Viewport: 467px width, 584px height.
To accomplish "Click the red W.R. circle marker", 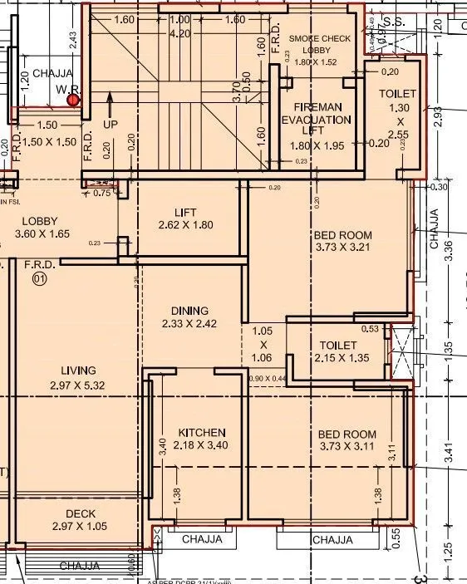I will point(73,101).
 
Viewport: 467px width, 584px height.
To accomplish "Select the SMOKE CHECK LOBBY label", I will point(320,50).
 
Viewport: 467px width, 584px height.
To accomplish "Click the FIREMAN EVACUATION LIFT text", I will point(316,120).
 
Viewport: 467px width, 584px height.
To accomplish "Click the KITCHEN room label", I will point(202,439).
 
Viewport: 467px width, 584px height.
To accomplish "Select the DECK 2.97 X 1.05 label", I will point(79,519).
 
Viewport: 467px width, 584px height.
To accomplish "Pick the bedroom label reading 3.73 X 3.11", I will point(347,440).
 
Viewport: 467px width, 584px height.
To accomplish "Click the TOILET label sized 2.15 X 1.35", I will point(338,351).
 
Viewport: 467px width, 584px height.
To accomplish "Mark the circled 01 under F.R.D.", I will point(38,280).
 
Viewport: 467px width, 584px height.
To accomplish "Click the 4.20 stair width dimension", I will point(179,34).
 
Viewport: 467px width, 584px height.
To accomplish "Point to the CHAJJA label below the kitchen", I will point(203,539).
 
